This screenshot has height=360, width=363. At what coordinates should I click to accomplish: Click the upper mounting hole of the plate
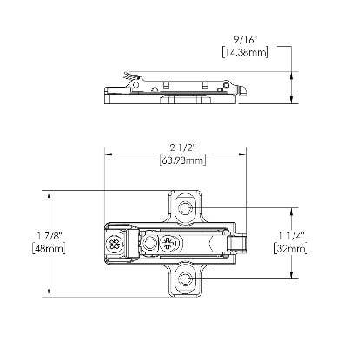(x=185, y=207)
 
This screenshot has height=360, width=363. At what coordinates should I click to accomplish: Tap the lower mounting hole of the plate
(x=185, y=278)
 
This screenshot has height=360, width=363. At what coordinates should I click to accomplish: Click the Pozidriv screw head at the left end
(x=114, y=243)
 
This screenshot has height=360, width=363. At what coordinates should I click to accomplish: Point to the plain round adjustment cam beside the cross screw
(x=150, y=243)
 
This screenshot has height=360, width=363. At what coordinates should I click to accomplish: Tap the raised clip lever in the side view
(x=133, y=80)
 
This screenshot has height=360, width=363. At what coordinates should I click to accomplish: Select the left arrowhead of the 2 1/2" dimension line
(x=109, y=153)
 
